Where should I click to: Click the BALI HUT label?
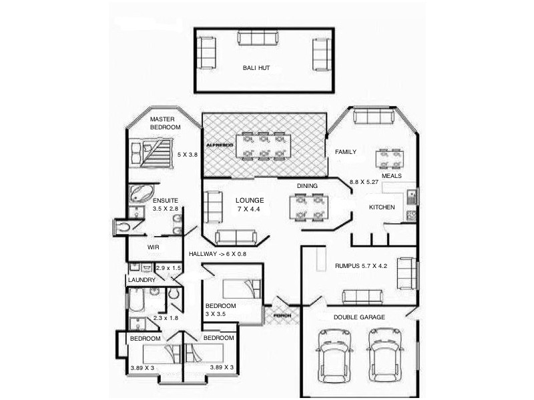[x=256, y=68]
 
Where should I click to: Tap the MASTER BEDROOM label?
[x=165, y=123]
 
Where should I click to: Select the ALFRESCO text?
[x=220, y=145]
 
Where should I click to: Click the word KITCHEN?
[x=382, y=207]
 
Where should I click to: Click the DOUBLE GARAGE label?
[x=359, y=317]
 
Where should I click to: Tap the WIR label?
[x=153, y=247]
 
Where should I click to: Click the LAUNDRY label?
[x=142, y=280]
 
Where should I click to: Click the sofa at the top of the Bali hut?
[x=256, y=39]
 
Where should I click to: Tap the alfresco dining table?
[x=265, y=146]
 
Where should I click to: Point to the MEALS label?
[x=392, y=176]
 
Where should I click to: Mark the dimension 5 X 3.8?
[x=188, y=155]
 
